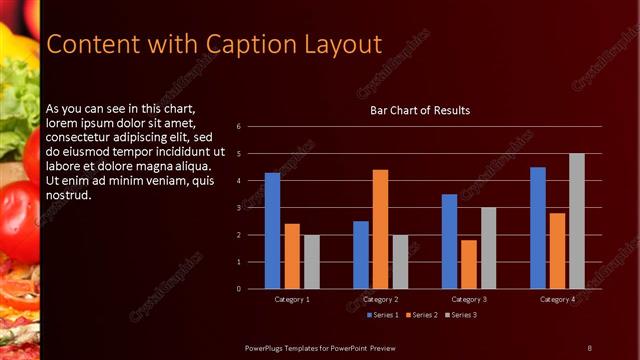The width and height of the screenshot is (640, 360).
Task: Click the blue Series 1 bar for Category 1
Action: [x=272, y=230]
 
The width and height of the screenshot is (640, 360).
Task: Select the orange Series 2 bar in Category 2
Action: [x=380, y=229]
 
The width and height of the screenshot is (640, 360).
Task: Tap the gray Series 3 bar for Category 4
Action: [x=577, y=221]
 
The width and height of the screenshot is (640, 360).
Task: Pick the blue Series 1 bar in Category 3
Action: [x=449, y=241]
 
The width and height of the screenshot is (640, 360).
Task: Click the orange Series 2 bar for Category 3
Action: [x=469, y=264]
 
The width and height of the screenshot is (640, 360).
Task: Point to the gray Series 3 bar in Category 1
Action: [x=312, y=261]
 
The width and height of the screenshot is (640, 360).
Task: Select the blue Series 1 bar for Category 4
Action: [x=538, y=227]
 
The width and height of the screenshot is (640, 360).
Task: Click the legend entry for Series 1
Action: [x=384, y=315]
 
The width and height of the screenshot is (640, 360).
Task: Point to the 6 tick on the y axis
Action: [x=238, y=127]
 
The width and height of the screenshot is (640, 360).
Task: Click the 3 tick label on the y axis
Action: [x=238, y=208]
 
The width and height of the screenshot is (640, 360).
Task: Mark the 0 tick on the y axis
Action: [x=238, y=289]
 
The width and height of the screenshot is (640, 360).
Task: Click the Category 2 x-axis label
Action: [x=380, y=299]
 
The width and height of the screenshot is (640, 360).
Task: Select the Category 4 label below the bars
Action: [x=557, y=299]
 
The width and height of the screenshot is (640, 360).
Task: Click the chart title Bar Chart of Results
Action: [x=420, y=110]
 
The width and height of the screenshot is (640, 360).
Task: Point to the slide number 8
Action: [x=589, y=347]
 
